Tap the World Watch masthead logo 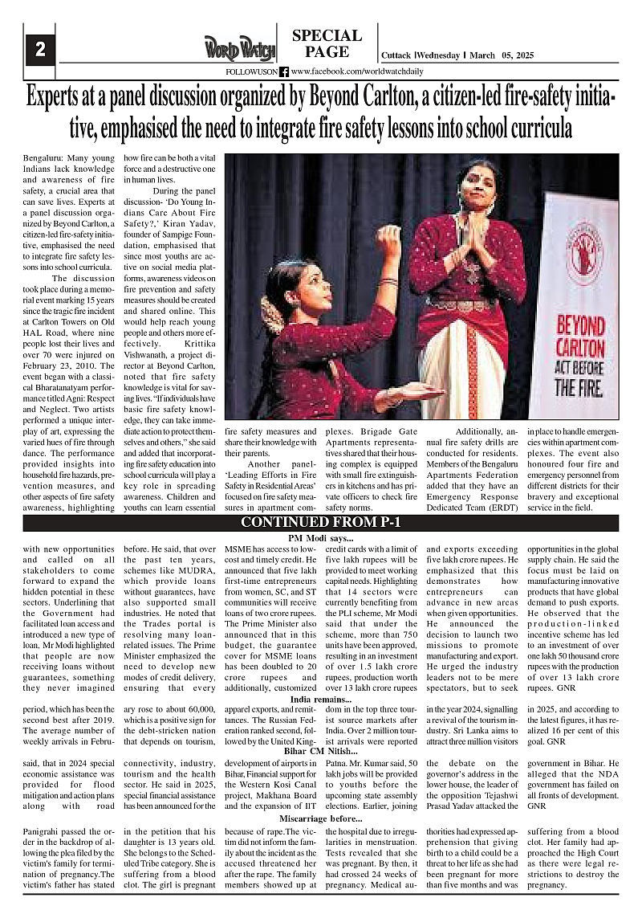click(x=238, y=47)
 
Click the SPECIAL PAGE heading click(x=327, y=43)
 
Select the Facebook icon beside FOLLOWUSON click(x=283, y=71)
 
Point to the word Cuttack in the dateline click(x=396, y=55)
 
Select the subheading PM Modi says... click(x=320, y=537)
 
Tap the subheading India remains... click(x=320, y=700)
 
